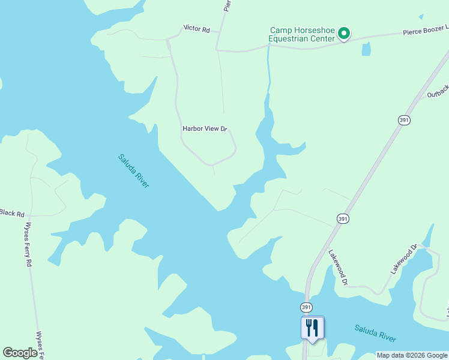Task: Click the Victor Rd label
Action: [196, 28]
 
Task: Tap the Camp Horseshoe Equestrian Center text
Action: [301, 35]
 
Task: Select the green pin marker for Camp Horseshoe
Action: [344, 34]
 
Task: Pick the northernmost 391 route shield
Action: [404, 120]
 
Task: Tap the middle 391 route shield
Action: [342, 218]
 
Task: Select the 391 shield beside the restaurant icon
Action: [306, 307]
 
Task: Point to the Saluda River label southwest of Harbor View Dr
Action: [133, 171]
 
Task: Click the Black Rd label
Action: [12, 213]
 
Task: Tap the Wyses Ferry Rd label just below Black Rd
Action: [28, 246]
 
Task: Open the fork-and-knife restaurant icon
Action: [312, 328]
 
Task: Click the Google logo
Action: [20, 353]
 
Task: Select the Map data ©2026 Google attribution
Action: [411, 355]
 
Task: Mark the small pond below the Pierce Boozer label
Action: [366, 49]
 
